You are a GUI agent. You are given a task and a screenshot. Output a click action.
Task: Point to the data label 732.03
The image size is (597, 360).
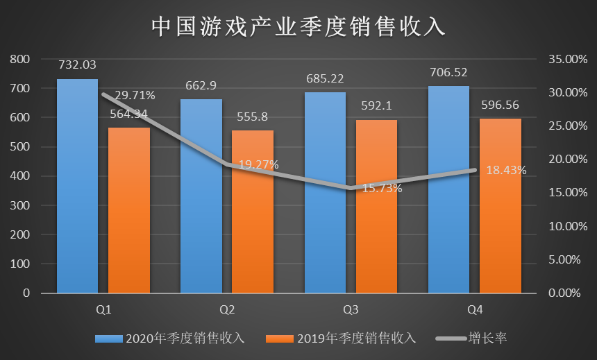(x=77, y=65)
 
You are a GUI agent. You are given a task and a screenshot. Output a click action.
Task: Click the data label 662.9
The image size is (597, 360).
(x=201, y=85)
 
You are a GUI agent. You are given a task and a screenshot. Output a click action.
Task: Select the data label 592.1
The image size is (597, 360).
(x=376, y=106)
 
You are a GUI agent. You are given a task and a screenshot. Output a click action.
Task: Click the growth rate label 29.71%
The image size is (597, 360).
(x=135, y=95)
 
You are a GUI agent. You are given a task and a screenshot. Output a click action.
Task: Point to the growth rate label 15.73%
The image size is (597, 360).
(x=382, y=188)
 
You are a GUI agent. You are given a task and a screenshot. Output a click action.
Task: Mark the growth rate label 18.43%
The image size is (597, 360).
(x=506, y=170)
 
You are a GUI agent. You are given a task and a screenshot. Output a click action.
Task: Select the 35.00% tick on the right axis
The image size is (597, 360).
(x=562, y=60)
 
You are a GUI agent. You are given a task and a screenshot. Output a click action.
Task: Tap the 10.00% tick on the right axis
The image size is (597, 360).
(x=562, y=227)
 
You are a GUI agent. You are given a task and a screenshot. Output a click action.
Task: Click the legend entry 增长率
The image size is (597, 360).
(x=475, y=338)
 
